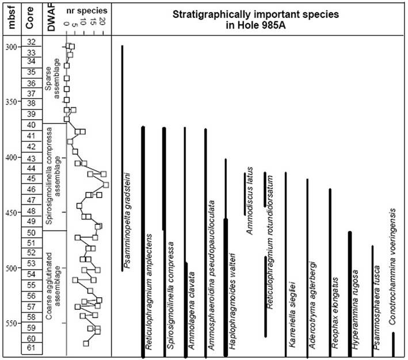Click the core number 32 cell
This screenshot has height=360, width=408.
point(32,41)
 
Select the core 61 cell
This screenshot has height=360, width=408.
point(32,348)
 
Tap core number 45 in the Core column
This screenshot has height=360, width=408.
point(32,178)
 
